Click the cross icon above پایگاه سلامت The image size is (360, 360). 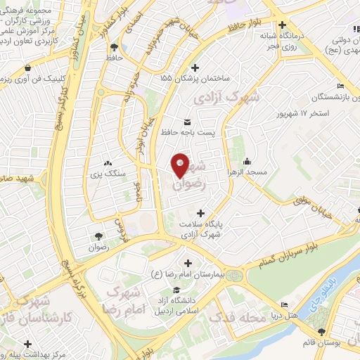[202, 212]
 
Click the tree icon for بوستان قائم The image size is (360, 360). [321, 331]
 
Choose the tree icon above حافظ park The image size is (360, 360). [113, 46]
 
